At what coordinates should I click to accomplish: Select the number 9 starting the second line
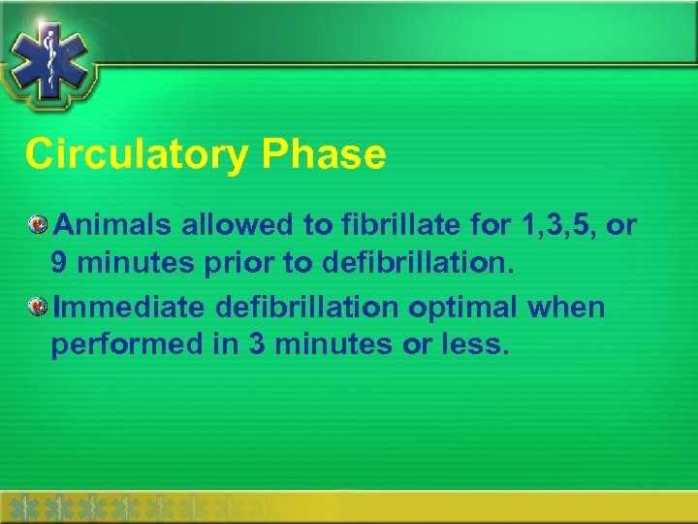click(x=62, y=263)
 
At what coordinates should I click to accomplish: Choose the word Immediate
click(x=129, y=308)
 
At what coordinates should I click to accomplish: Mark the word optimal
click(x=462, y=308)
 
